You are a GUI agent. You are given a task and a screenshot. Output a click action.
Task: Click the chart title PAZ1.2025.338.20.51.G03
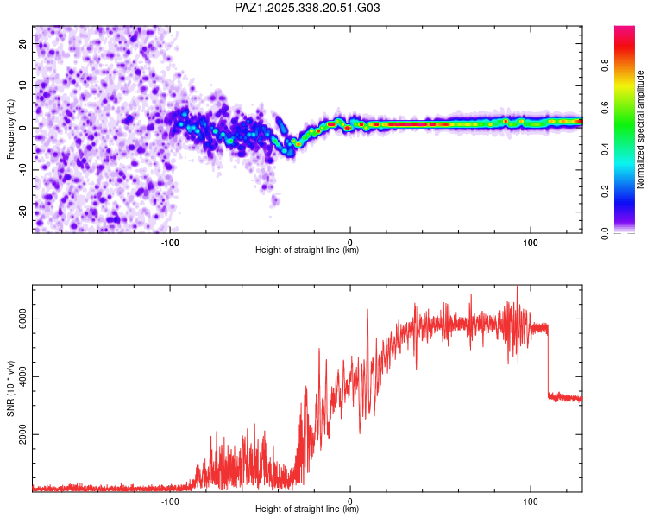click(x=307, y=8)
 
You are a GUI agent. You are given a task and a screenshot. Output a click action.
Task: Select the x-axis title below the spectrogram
click(x=307, y=250)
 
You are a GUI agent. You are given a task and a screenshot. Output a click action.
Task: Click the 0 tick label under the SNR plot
click(x=350, y=500)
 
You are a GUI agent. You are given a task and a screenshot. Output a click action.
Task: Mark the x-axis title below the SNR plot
click(x=307, y=509)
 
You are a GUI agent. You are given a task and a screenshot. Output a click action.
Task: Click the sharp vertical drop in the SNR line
click(x=548, y=363)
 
